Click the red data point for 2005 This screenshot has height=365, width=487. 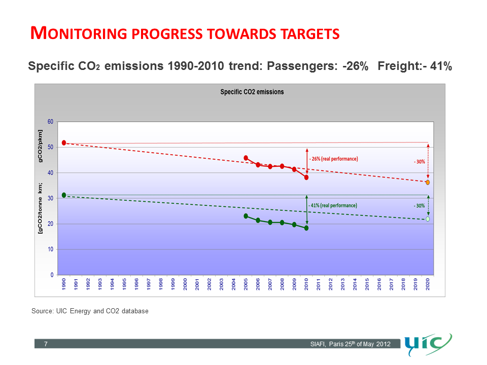pyautogui.click(x=246, y=158)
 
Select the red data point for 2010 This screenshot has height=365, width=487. pyautogui.click(x=306, y=177)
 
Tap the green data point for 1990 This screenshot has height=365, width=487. pyautogui.click(x=64, y=195)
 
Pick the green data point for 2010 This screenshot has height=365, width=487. pyautogui.click(x=306, y=228)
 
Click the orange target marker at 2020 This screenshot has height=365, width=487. pyautogui.click(x=428, y=182)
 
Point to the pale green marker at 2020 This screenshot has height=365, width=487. pyautogui.click(x=428, y=219)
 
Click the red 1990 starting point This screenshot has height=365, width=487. pyautogui.click(x=64, y=143)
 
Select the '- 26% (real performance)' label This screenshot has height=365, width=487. pyautogui.click(x=333, y=159)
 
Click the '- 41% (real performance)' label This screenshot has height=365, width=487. pyautogui.click(x=333, y=205)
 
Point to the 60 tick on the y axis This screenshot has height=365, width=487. pyautogui.click(x=50, y=122)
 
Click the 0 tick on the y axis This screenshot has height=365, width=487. pyautogui.click(x=52, y=275)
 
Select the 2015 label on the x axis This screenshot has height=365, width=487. pyautogui.click(x=367, y=284)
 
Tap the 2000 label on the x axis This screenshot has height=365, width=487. pyautogui.click(x=185, y=284)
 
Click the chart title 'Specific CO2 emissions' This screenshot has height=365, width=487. pyautogui.click(x=252, y=92)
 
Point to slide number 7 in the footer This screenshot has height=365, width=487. pyautogui.click(x=46, y=345)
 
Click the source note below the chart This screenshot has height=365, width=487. pyautogui.click(x=90, y=311)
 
